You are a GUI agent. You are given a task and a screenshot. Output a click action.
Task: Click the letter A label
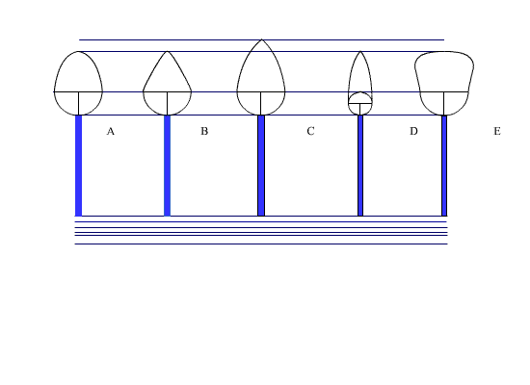[111, 131]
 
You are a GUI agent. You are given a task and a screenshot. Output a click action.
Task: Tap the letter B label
[204, 131]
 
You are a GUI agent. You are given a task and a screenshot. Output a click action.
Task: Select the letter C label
[310, 131]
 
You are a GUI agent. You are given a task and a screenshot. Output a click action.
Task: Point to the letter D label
[413, 131]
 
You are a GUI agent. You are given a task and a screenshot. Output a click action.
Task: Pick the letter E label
[497, 131]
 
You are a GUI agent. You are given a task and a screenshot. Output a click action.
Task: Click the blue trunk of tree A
[78, 166]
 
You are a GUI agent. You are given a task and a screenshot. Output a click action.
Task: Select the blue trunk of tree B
[167, 166]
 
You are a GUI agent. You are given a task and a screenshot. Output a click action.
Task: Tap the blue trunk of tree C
[261, 166]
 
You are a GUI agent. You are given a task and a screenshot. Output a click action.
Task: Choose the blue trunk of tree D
[360, 166]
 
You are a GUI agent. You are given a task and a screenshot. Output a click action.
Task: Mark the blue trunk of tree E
[444, 166]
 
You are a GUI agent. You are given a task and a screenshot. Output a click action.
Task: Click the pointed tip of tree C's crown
[261, 39]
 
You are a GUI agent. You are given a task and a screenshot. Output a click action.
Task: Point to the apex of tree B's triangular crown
[167, 51]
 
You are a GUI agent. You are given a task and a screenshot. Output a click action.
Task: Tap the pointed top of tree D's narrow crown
[360, 51]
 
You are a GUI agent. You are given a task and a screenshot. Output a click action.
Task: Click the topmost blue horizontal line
[261, 39]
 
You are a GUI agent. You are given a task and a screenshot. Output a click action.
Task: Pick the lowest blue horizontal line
[261, 244]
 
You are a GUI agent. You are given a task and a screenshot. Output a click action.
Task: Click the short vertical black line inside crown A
[78, 103]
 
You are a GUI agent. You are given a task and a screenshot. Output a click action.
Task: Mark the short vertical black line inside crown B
[167, 103]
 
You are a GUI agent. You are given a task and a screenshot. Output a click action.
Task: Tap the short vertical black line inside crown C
[260, 103]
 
